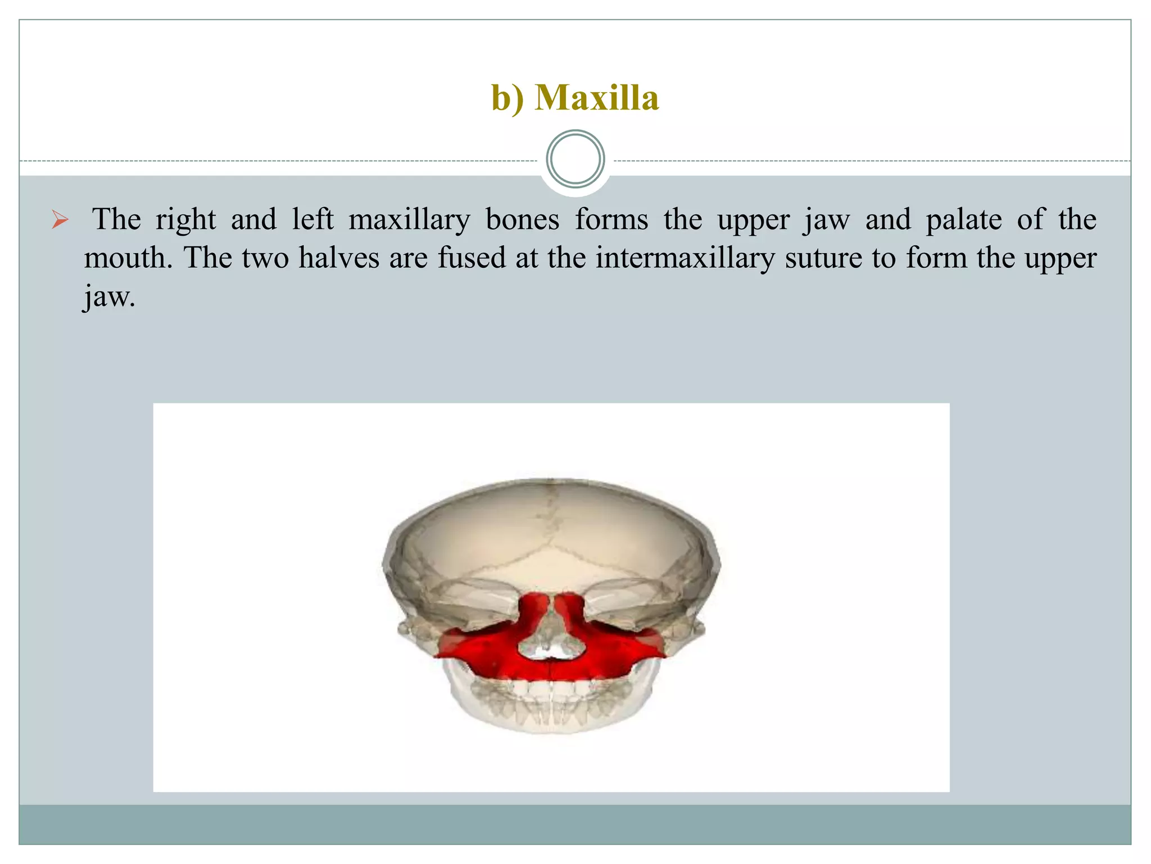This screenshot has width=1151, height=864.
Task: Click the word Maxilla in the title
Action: (596, 98)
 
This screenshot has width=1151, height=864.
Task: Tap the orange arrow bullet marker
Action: (60, 219)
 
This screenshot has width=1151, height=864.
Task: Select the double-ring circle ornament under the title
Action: (575, 159)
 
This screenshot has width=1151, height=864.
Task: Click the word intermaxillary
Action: (685, 258)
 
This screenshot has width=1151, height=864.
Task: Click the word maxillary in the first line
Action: (409, 220)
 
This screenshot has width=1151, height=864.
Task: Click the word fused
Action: (472, 258)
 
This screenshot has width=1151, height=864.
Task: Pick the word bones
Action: (522, 219)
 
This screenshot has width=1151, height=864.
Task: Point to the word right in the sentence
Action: (185, 220)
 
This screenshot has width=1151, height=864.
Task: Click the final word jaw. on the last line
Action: (110, 296)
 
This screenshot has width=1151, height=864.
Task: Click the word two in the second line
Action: (265, 258)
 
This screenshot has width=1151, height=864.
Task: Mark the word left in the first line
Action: (312, 219)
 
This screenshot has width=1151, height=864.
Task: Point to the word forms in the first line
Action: (611, 219)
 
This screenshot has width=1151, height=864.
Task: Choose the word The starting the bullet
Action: (116, 219)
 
